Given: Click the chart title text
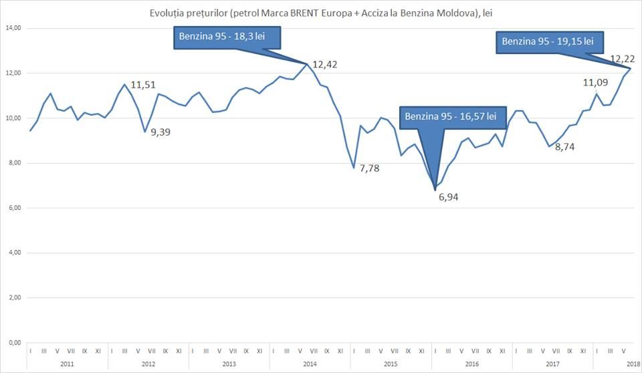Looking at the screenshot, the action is pos(320,13).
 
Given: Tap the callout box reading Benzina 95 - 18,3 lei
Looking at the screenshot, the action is pos(227,37).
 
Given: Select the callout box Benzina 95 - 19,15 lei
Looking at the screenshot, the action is pos(550,42).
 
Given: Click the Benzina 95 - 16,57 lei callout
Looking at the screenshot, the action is pos(453,118).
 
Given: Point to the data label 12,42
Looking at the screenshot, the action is pos(325,65).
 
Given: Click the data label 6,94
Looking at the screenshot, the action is pos(448,197).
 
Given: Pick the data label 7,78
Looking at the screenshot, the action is pos(369,168).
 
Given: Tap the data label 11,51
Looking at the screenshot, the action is pos(143,85).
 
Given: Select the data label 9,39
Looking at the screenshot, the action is pos(160,132).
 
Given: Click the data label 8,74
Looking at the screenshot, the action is pos(564,147).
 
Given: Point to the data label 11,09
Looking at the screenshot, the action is pos(595,83).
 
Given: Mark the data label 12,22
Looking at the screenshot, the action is pos(623,59).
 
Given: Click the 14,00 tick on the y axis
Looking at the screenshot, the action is pos(13,28).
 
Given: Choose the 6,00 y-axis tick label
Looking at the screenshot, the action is pos(15,208).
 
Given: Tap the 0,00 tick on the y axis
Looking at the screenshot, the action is pos(15,343).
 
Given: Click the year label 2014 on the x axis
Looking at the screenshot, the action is pos(310,364).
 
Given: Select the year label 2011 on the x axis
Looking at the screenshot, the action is pos(67,364).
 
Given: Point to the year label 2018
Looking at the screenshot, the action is pos(633,364).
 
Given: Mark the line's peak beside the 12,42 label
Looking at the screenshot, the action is pos(307,64).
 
